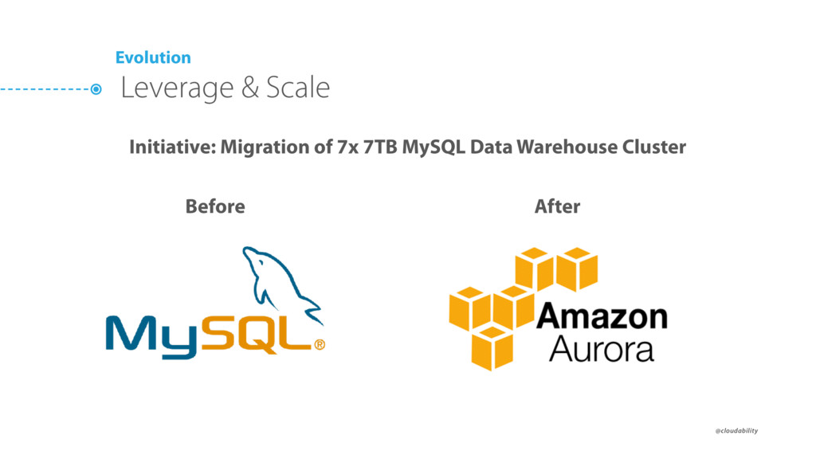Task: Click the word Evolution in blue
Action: point(153,57)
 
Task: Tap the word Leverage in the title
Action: point(177,88)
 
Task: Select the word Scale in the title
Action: point(297,88)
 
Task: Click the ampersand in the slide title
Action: point(250,88)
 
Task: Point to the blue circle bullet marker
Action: point(96,90)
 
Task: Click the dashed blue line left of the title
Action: point(44,90)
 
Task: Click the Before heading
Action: point(215,206)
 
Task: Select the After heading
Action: point(557,206)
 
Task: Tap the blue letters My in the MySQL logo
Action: point(151,335)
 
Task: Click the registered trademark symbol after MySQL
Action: point(320,345)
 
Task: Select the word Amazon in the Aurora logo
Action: point(602,317)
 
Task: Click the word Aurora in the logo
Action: point(601,349)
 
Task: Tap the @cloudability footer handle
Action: point(736,431)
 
